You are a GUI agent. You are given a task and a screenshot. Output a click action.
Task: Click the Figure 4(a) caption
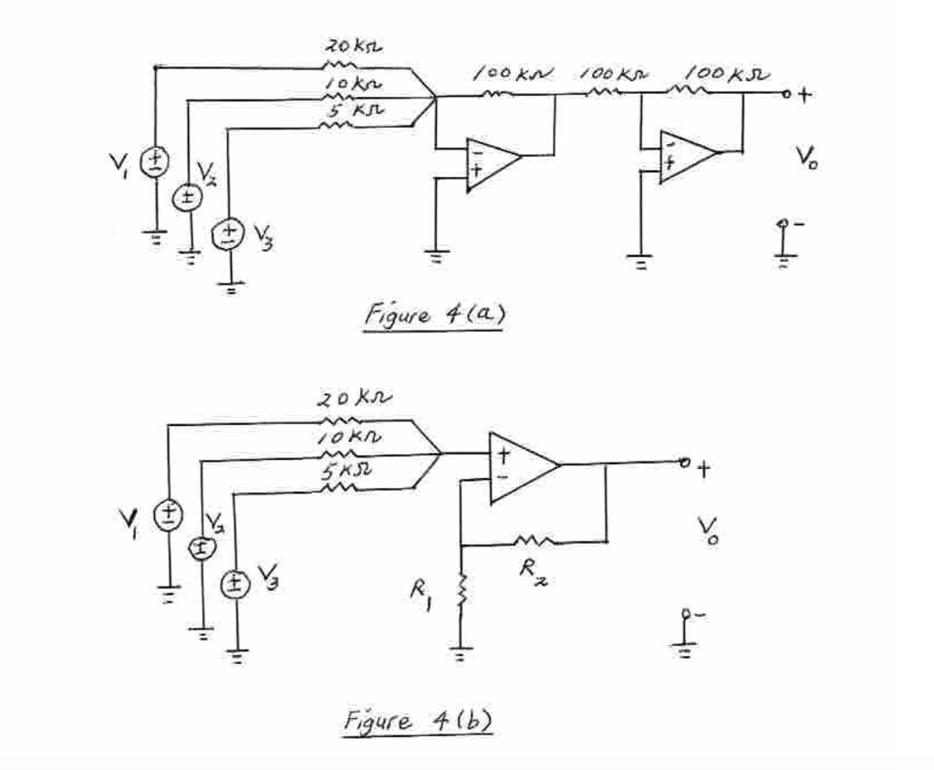pyautogui.click(x=433, y=316)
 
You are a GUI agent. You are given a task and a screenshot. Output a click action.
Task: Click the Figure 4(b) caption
pyautogui.click(x=418, y=721)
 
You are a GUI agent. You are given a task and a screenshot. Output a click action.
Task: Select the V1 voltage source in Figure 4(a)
pyautogui.click(x=155, y=162)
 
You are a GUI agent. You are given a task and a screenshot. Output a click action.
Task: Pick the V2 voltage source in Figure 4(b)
pyautogui.click(x=202, y=547)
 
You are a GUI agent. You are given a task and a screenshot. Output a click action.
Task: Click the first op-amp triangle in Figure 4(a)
pyautogui.click(x=491, y=162)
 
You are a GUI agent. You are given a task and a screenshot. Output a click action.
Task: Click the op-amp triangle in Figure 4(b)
pyautogui.click(x=520, y=467)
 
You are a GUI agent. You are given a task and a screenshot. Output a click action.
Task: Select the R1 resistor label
pyautogui.click(x=420, y=598)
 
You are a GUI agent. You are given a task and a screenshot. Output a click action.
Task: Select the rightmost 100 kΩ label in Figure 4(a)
pyautogui.click(x=727, y=71)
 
